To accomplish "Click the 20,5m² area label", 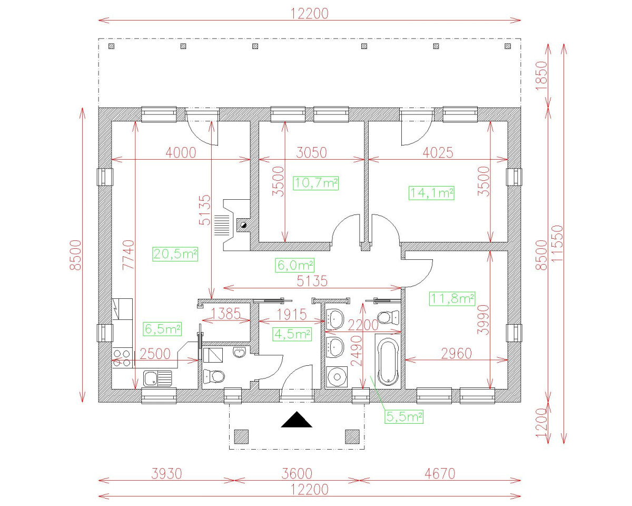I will click(x=175, y=254).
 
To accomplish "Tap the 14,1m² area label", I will click(x=431, y=193).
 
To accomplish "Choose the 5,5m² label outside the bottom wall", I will click(x=405, y=417).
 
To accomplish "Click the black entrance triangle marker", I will click(x=297, y=420).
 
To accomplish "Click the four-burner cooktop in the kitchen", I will click(x=122, y=358).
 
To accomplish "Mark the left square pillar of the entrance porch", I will click(x=241, y=436).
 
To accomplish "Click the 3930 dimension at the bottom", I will click(x=166, y=473).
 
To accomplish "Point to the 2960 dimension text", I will click(x=456, y=353).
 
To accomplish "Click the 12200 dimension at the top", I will click(x=310, y=14).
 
